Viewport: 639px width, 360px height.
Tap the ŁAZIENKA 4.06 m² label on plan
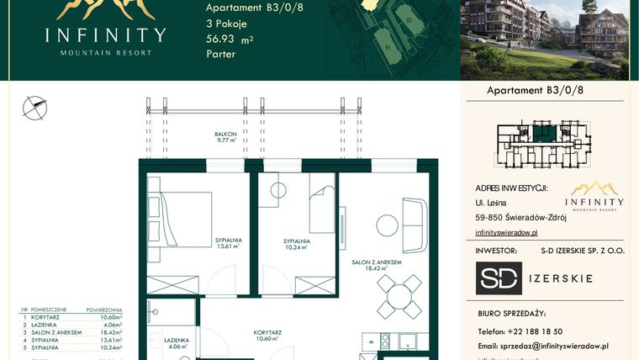click(x=177, y=342)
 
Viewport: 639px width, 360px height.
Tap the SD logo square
click(x=499, y=278)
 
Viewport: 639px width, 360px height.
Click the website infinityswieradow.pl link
click(x=506, y=231)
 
